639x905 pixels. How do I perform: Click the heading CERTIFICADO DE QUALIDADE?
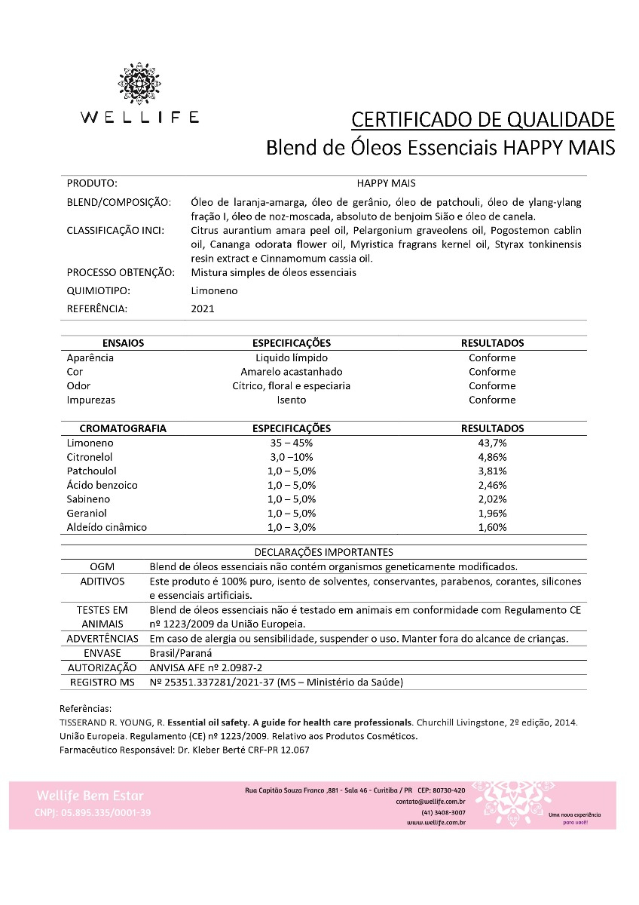pos(483,120)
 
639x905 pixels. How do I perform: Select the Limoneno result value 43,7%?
pos(492,443)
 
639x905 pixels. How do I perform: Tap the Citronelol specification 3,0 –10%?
pos(291,457)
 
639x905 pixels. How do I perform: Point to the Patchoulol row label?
pos(91,471)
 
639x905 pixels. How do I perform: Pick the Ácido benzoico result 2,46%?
pos(492,485)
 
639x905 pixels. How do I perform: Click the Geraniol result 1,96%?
pos(492,514)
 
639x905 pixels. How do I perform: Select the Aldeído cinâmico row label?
pos(106,527)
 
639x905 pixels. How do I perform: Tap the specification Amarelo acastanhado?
pos(291,372)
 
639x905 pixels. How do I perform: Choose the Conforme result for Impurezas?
pos(492,400)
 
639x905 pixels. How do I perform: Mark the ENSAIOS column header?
pos(123,343)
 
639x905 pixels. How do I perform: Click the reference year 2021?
pos(203,308)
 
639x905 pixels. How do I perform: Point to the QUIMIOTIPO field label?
pos(99,290)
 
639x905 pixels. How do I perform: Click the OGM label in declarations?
pos(102,566)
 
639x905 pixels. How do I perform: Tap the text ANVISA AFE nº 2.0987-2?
pos(206,667)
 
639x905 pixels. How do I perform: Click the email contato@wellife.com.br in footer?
pos(430,802)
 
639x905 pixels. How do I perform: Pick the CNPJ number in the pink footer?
pos(93,812)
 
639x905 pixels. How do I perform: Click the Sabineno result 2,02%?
pos(492,499)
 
